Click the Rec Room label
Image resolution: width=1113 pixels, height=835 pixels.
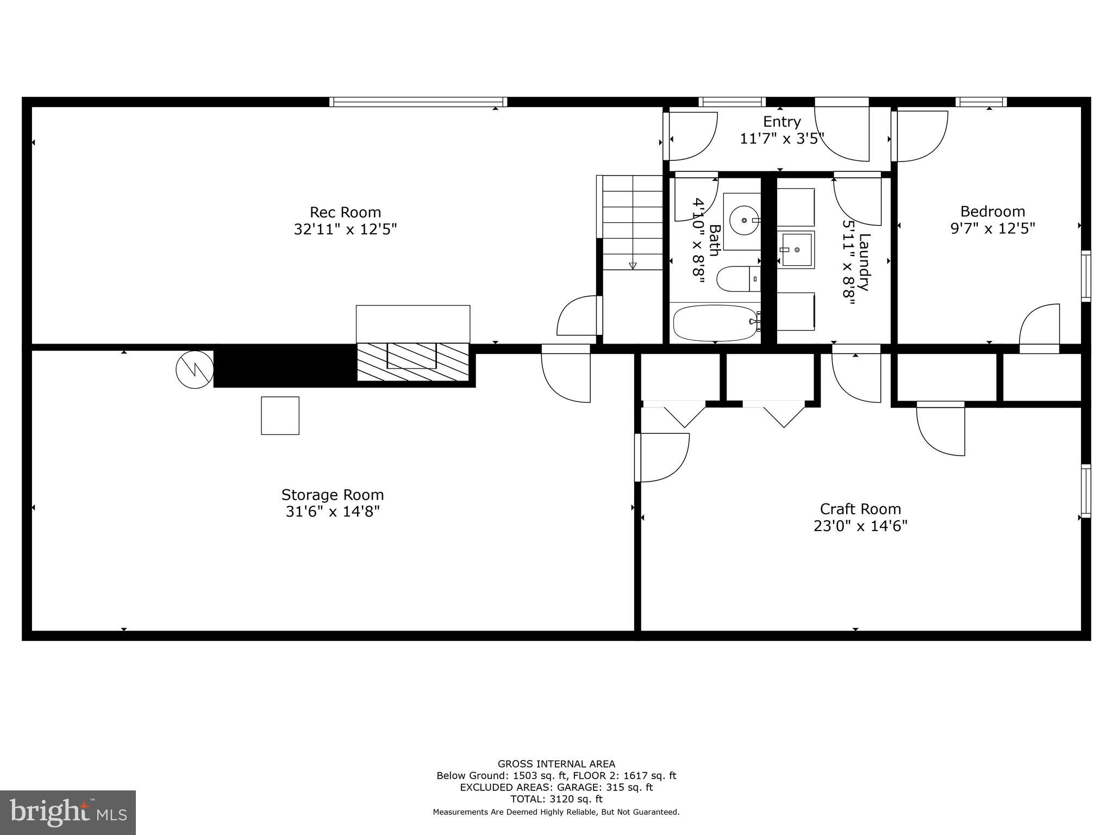(345, 212)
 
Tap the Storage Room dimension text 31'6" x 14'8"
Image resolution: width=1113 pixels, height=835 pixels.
(332, 512)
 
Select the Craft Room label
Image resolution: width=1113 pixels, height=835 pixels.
(860, 509)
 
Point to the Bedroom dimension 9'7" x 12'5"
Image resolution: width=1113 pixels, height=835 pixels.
(992, 228)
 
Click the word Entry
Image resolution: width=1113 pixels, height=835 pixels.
(781, 121)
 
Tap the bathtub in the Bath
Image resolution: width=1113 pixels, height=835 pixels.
(714, 323)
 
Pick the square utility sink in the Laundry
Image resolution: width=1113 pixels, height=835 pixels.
(797, 250)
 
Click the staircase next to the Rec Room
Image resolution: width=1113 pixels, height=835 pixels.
(632, 222)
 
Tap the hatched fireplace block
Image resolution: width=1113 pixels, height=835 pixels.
(412, 362)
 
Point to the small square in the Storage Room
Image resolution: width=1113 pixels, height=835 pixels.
(280, 415)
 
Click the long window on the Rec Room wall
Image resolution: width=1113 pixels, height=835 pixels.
(418, 102)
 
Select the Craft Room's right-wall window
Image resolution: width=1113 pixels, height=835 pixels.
(1085, 491)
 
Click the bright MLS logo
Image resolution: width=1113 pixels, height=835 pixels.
(68, 813)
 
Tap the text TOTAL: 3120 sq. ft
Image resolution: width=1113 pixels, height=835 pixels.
(556, 799)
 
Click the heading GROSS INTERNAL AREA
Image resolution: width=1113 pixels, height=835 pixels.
(556, 764)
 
